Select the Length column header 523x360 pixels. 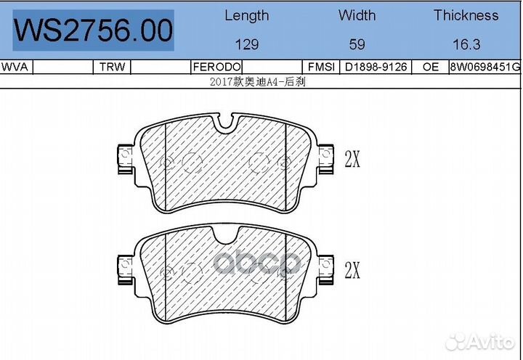(x=246, y=15)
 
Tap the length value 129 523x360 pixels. (x=247, y=44)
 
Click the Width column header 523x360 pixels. (x=357, y=15)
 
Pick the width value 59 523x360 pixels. (x=357, y=44)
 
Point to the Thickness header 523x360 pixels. (x=466, y=15)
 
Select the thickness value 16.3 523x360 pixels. (x=466, y=44)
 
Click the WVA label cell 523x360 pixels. (x=15, y=67)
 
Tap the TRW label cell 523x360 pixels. (x=112, y=67)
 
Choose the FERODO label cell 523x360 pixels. (x=211, y=67)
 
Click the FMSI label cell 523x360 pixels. (x=321, y=67)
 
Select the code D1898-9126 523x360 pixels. (x=375, y=67)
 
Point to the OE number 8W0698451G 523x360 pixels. (x=485, y=67)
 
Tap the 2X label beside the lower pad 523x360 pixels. (x=352, y=271)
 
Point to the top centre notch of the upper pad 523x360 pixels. (x=227, y=128)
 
